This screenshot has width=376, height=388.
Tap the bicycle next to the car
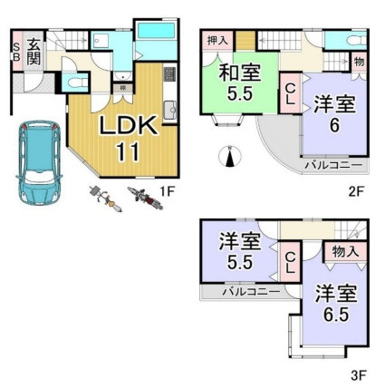[106, 199]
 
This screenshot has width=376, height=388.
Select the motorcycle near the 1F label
[145, 198]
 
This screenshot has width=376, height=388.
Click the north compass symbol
[230, 156]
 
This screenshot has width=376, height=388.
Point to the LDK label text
[129, 125]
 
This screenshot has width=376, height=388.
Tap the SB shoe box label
[17, 52]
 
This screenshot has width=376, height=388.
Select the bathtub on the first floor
[156, 31]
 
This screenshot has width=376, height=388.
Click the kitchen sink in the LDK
[170, 111]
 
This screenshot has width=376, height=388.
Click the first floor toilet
[75, 82]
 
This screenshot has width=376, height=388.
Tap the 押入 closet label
[217, 41]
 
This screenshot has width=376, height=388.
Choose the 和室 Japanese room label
[239, 73]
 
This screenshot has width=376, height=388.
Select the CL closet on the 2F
[290, 93]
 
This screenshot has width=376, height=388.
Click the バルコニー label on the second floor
[333, 165]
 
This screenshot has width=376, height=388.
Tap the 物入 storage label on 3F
[345, 251]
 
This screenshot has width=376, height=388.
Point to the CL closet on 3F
[290, 263]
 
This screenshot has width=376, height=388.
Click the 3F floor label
[359, 375]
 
